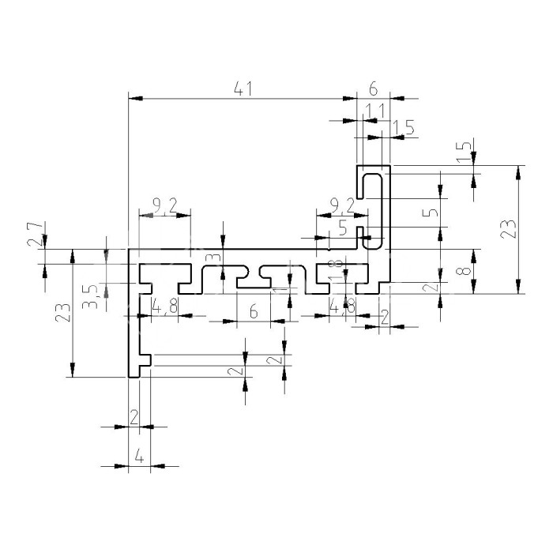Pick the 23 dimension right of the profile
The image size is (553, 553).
[x=510, y=228]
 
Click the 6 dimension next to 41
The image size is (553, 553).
[x=373, y=88]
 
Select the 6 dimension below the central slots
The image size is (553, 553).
[x=254, y=311]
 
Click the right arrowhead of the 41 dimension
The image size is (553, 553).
[x=352, y=99]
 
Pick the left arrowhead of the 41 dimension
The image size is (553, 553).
[x=134, y=99]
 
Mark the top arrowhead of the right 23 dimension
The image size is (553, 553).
[x=519, y=170]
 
